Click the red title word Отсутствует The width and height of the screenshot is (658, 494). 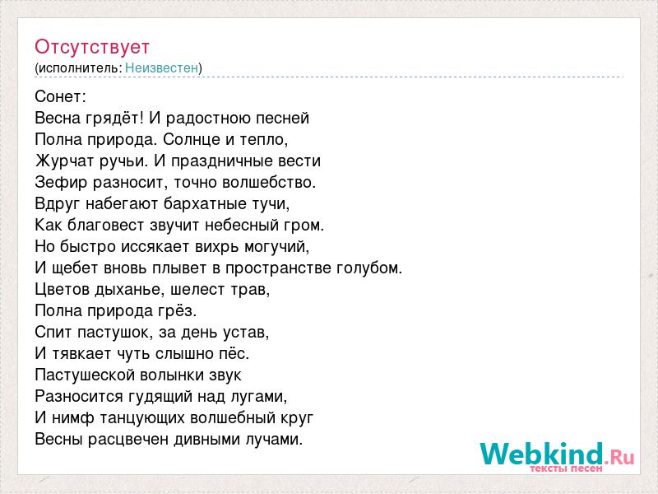[92, 47]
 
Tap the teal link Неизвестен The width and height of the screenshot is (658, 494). [161, 68]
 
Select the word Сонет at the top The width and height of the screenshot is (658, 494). [58, 96]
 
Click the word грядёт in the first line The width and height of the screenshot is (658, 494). [113, 119]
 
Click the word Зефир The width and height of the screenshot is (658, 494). [61, 182]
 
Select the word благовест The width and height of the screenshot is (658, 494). [106, 225]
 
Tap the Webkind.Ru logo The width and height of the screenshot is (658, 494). [558, 456]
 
